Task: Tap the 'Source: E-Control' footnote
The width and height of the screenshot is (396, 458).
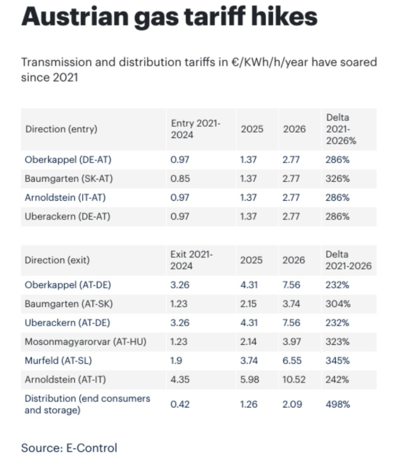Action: tap(69, 448)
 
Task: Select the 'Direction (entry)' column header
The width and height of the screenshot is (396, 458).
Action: tap(61, 129)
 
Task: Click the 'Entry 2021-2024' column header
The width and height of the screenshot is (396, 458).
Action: tap(195, 129)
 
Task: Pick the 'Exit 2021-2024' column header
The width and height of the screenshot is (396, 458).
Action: tap(193, 260)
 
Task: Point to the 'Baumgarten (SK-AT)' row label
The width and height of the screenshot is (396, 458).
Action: tap(68, 179)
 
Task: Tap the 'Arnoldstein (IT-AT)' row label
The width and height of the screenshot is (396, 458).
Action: tap(68, 198)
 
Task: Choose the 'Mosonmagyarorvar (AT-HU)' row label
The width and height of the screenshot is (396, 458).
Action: tap(85, 342)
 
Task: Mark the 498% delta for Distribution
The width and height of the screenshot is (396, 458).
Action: tap(338, 404)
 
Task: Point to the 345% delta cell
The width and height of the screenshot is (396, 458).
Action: tap(338, 361)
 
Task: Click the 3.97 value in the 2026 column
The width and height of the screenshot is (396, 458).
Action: tap(292, 342)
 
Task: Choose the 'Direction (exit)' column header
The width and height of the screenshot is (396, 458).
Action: tap(57, 260)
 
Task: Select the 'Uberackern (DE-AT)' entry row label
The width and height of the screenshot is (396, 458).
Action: tap(68, 217)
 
